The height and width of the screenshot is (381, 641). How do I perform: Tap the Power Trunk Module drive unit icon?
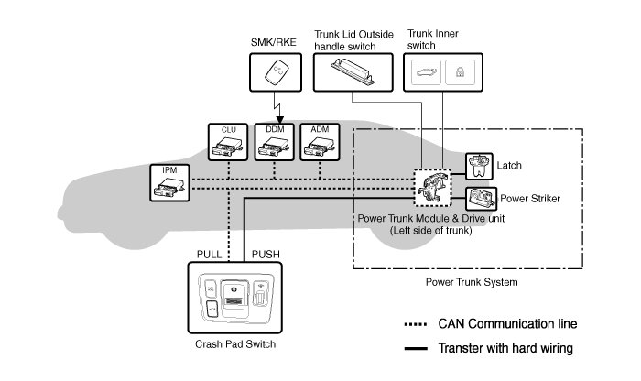pyautogui.click(x=429, y=185)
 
